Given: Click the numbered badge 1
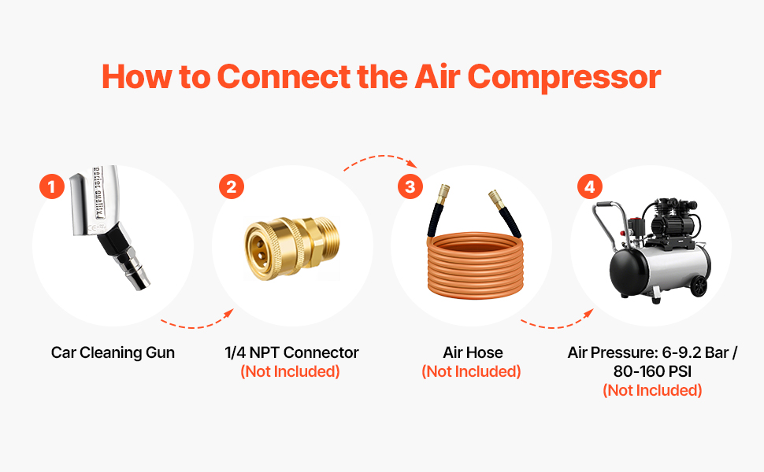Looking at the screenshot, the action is pos(52,187).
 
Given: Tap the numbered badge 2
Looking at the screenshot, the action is pos(231,187).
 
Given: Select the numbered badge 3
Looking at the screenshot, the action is pos(410,187).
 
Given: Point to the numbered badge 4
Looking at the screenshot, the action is pos(590,187).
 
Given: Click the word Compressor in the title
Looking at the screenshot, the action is pos(564,78).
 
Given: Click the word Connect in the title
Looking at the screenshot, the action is pos(284,77).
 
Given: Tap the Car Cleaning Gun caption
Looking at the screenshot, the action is pos(113,352).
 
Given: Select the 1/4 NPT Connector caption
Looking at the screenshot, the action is pos(291,352).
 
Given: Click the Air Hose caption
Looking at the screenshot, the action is pos(473,352).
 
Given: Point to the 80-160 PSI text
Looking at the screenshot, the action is pos(652,371).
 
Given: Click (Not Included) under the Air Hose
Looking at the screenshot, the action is pos(471,372).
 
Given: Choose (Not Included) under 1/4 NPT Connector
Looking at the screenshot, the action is pos(290,372).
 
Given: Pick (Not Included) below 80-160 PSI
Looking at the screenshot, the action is pos(652,391).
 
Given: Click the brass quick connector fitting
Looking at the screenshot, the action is pos(291,248).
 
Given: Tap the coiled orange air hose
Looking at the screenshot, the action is pos(475,264).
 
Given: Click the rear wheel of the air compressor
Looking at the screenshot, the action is pos(699,286).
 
